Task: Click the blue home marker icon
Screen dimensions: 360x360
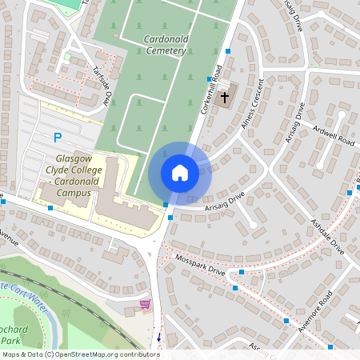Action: point(179,173)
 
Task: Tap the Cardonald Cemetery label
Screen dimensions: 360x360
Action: point(154,45)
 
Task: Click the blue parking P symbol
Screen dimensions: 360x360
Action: point(57,138)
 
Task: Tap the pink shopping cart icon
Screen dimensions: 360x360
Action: point(145,304)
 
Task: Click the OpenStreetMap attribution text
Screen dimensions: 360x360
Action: point(81,354)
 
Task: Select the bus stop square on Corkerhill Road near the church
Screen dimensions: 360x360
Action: point(228,51)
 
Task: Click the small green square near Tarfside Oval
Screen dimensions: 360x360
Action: point(67,56)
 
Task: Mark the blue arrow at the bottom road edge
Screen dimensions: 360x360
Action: point(158,337)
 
